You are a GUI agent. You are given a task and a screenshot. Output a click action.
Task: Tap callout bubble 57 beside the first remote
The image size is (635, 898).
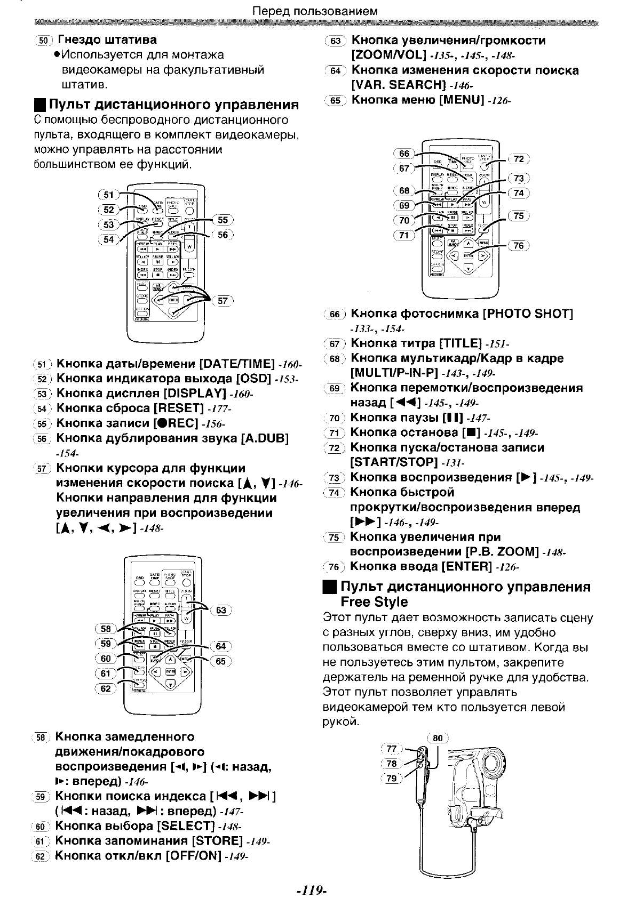click(x=223, y=300)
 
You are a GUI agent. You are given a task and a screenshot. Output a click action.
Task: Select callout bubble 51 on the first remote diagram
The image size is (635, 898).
click(x=108, y=195)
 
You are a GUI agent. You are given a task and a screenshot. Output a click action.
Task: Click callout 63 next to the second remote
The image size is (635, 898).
click(x=221, y=610)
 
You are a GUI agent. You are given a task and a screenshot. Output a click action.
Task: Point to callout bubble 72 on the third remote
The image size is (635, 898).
click(x=519, y=158)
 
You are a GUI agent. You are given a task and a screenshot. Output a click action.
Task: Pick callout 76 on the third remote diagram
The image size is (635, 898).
click(x=519, y=245)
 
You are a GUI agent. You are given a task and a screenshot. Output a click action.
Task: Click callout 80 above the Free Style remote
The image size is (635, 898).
click(x=438, y=738)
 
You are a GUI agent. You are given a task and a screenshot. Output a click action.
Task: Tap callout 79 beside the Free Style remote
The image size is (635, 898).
click(x=392, y=778)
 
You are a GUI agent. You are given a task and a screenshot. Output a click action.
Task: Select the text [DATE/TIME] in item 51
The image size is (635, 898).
click(x=236, y=364)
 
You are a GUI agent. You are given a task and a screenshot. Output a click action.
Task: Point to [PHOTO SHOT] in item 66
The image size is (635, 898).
click(x=527, y=314)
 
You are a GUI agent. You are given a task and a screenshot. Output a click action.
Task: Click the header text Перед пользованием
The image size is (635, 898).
click(x=315, y=10)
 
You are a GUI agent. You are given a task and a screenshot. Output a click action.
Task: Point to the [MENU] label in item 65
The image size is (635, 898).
click(x=461, y=100)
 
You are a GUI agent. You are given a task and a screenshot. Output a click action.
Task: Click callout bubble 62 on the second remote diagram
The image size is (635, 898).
click(x=106, y=688)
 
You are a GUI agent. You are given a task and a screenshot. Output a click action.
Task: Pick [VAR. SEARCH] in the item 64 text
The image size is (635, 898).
click(x=398, y=85)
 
